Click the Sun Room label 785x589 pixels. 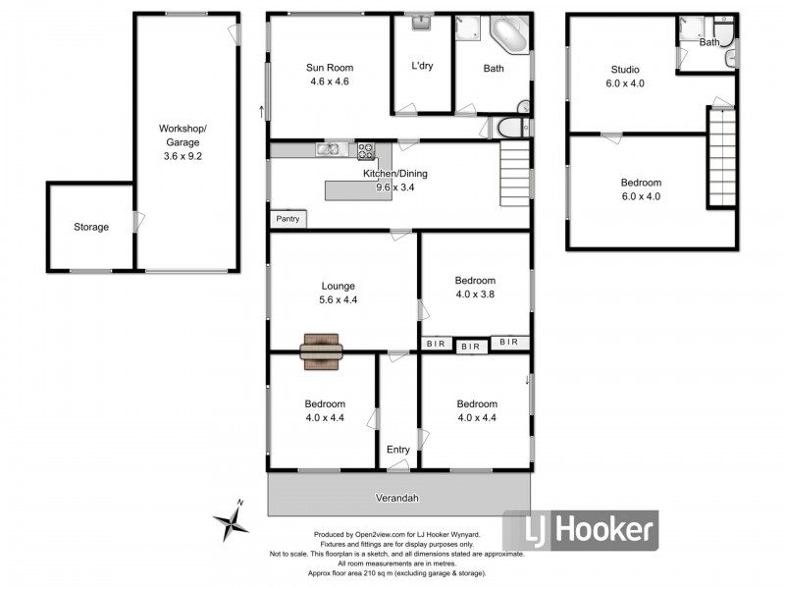tap(328, 68)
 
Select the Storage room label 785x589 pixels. tap(91, 227)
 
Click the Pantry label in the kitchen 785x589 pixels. tap(288, 219)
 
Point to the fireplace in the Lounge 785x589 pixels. tap(322, 350)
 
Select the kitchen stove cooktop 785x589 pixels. tap(365, 150)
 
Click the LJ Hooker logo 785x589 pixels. tap(580, 531)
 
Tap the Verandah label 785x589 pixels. tap(397, 498)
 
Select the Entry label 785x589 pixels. tap(397, 450)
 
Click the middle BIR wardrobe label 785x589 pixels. tap(472, 347)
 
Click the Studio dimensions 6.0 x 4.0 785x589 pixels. tap(625, 83)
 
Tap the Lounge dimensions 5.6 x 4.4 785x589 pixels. tap(338, 300)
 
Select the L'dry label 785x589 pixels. tap(423, 68)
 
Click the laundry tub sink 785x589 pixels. tap(422, 22)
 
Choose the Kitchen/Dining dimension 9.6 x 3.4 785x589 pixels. tap(395, 187)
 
